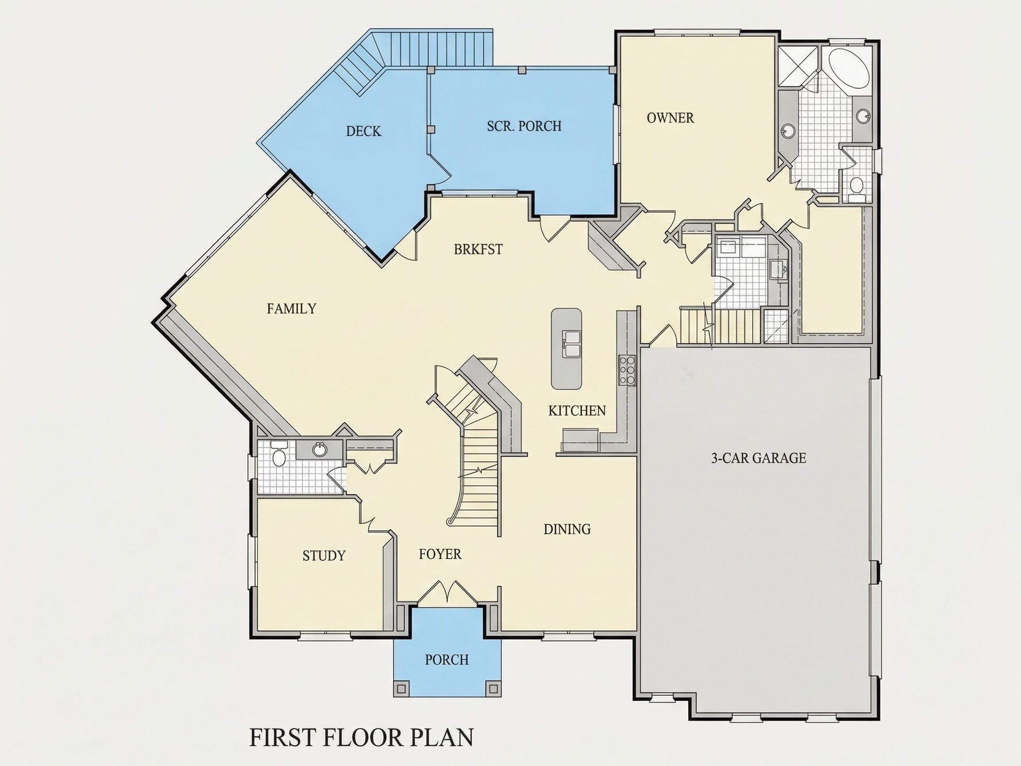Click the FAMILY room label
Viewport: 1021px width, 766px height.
pos(291,309)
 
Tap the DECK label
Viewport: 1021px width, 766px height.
pos(364,132)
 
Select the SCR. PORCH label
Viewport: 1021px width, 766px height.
pos(524,126)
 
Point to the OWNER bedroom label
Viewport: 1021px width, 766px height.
pos(670,118)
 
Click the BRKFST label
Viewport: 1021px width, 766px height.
pos(478,249)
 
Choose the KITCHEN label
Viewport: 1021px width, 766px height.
pos(577,410)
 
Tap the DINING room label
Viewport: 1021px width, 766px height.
pos(567,529)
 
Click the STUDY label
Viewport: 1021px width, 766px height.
pos(324,555)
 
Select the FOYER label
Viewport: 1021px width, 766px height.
pos(440,554)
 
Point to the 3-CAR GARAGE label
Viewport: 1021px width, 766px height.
pos(758,458)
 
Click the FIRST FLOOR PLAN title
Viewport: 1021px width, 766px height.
pos(362,737)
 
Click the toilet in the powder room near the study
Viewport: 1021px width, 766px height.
pos(279,454)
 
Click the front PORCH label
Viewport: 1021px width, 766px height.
pos(447,659)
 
